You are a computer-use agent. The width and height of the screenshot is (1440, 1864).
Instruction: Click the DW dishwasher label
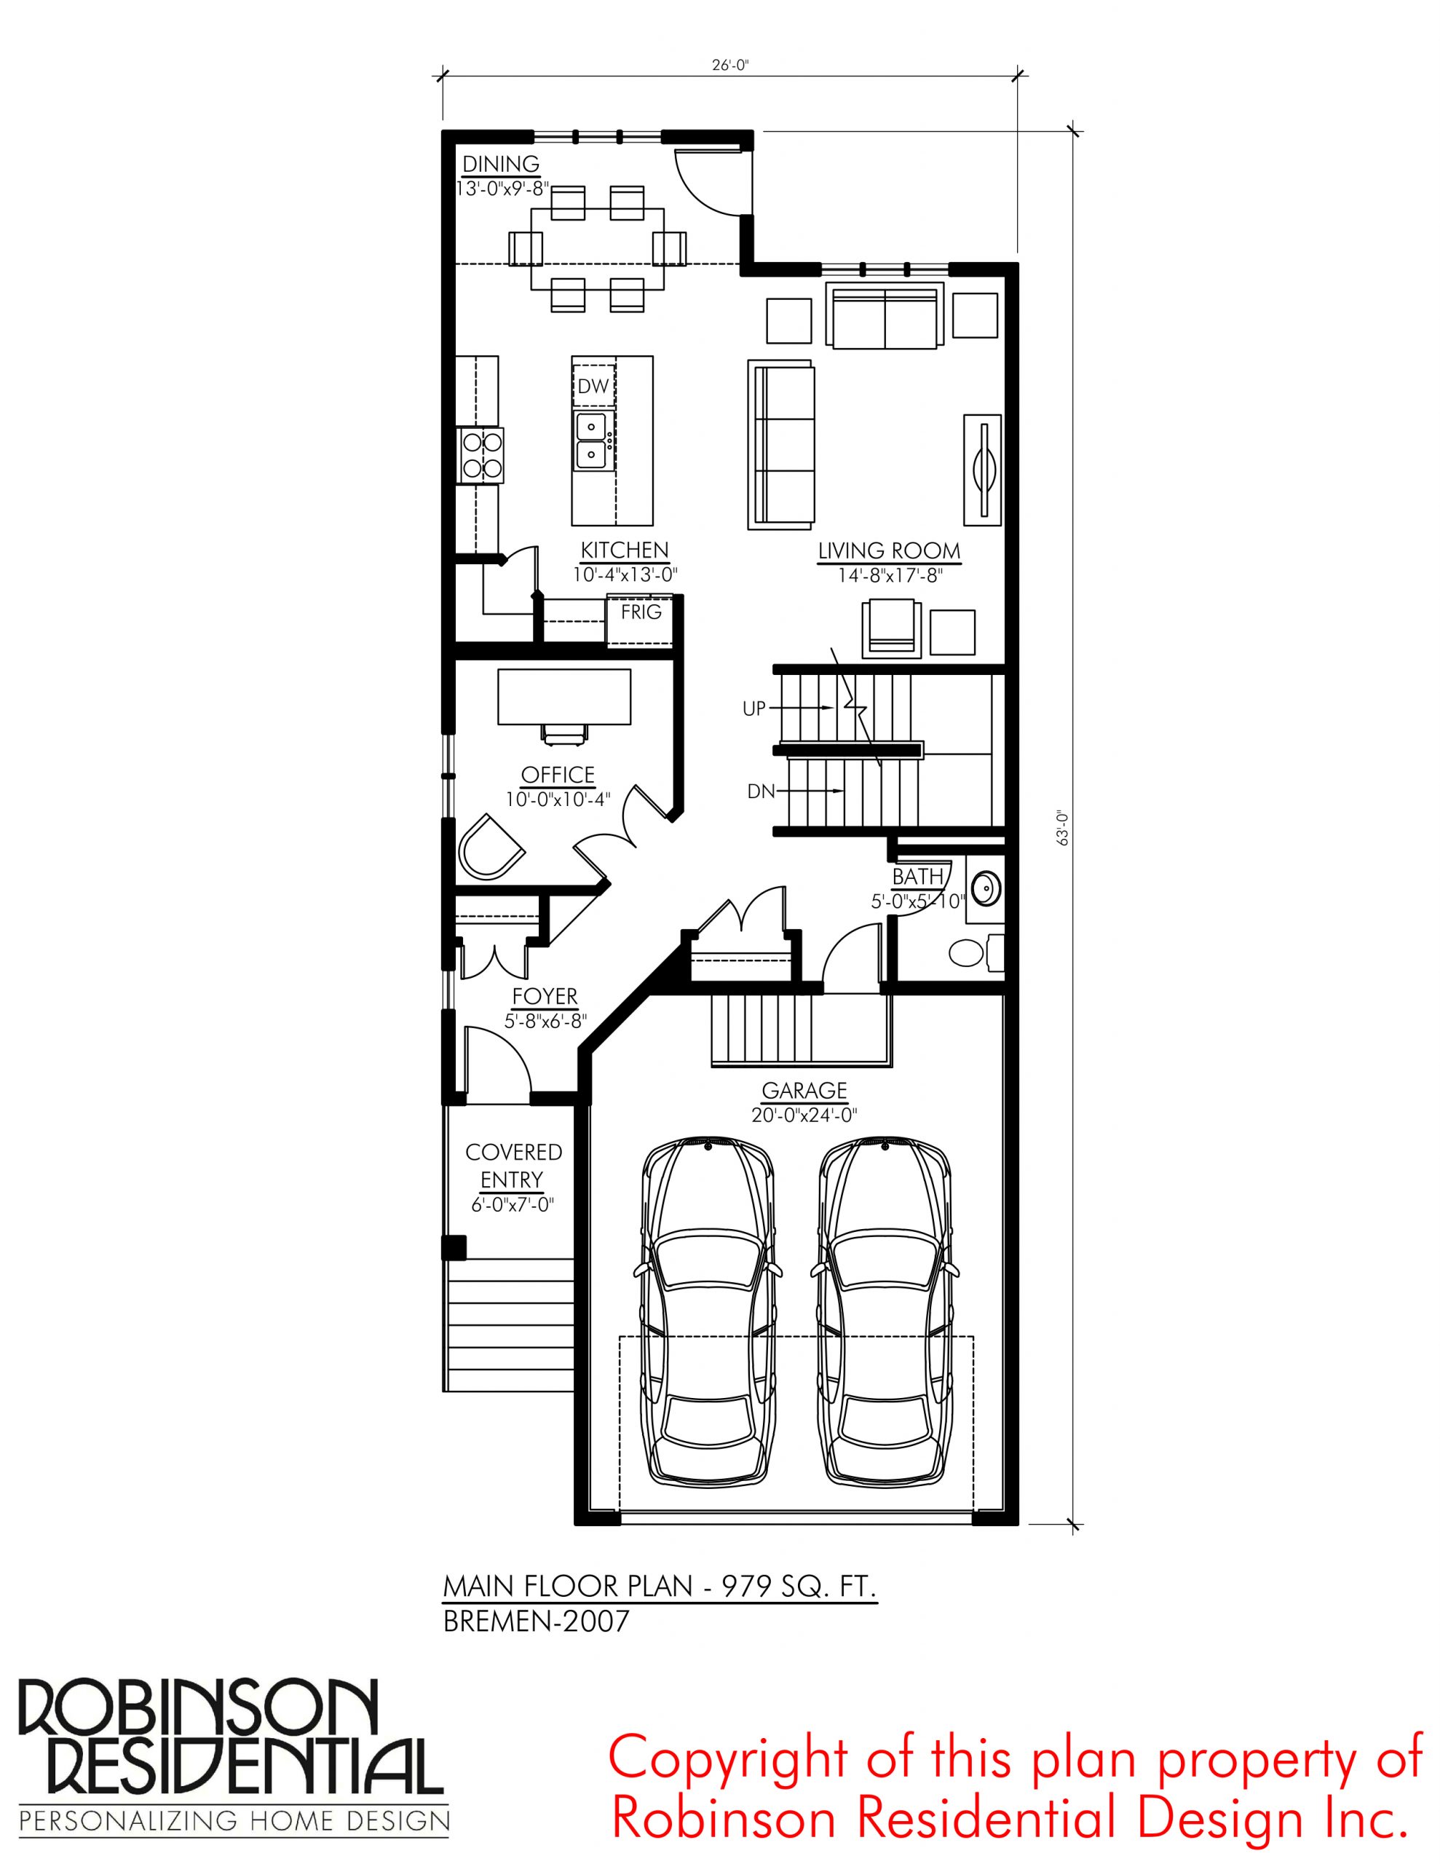point(593,386)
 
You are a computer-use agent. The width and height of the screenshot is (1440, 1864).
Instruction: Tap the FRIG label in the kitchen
point(641,612)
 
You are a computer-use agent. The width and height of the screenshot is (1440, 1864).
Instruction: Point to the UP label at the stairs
point(754,708)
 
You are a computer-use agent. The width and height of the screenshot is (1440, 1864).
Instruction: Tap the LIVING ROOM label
point(889,550)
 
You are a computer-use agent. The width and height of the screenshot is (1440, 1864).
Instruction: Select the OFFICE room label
point(558,774)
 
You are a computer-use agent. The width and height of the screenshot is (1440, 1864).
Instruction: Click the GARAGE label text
point(804,1090)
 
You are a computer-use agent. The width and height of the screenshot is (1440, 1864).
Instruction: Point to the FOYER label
point(545,996)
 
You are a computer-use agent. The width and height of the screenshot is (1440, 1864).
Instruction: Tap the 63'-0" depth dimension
point(1063,828)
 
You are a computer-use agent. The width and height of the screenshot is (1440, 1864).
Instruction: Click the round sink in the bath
point(986,888)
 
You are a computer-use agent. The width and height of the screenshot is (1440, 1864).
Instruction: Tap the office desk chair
point(564,732)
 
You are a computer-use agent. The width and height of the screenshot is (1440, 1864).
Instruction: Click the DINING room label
point(501,163)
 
